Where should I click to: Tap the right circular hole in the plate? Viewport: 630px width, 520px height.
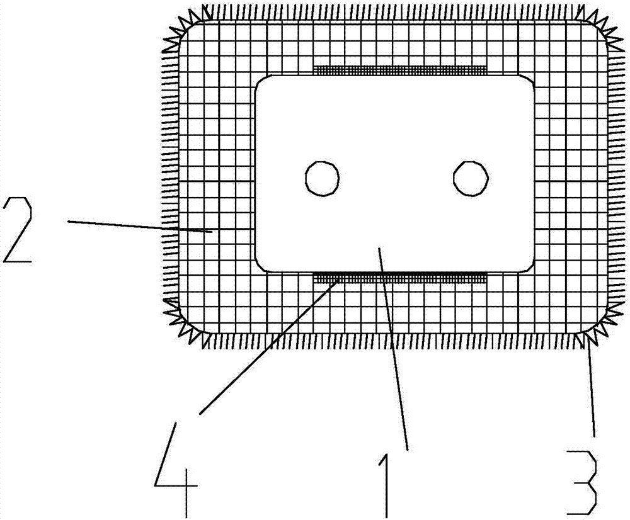point(471,178)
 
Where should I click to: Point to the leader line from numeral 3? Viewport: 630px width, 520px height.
point(590,390)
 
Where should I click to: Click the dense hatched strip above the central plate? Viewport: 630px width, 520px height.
point(401,69)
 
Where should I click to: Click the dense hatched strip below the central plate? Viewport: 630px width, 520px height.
point(401,276)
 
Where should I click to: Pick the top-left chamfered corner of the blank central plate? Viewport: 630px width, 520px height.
point(261,82)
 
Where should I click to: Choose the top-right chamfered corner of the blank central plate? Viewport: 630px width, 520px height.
point(529,82)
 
